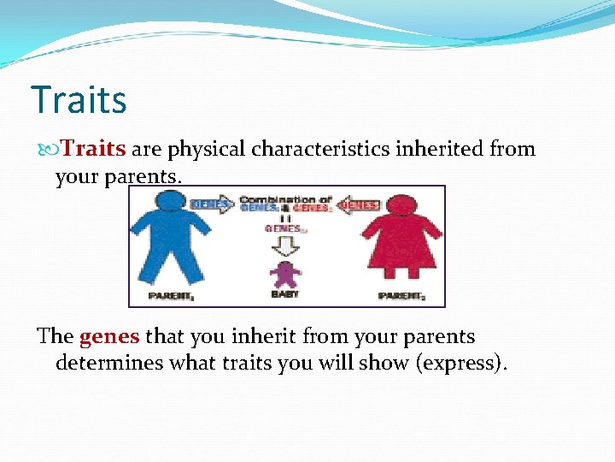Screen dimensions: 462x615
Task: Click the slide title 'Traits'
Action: pos(79,99)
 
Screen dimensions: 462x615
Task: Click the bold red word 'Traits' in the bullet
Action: pos(94,149)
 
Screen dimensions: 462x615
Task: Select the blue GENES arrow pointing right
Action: pos(212,205)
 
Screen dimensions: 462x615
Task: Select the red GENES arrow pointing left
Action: pos(359,205)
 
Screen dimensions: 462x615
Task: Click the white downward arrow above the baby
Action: pos(285,246)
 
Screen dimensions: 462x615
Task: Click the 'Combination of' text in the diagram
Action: pos(285,198)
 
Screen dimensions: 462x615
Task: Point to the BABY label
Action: pos(285,295)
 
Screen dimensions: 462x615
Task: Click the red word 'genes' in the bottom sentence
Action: pos(109,336)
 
